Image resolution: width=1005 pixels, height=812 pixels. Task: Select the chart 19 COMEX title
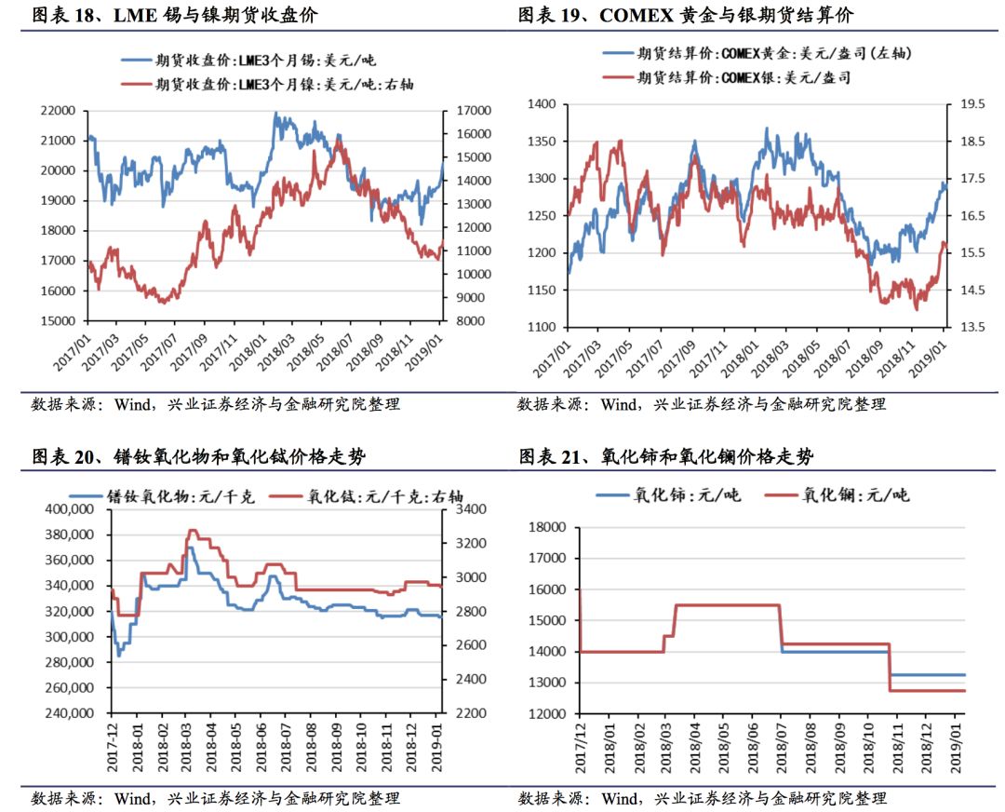(685, 16)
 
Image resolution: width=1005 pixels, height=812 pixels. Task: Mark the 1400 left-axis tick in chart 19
(542, 104)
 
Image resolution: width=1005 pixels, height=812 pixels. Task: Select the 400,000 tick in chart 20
(73, 509)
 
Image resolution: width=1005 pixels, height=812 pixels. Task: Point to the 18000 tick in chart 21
(547, 527)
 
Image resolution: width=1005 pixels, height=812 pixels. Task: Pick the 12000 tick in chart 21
(547, 713)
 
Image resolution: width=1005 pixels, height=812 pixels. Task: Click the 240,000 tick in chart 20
(73, 713)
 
